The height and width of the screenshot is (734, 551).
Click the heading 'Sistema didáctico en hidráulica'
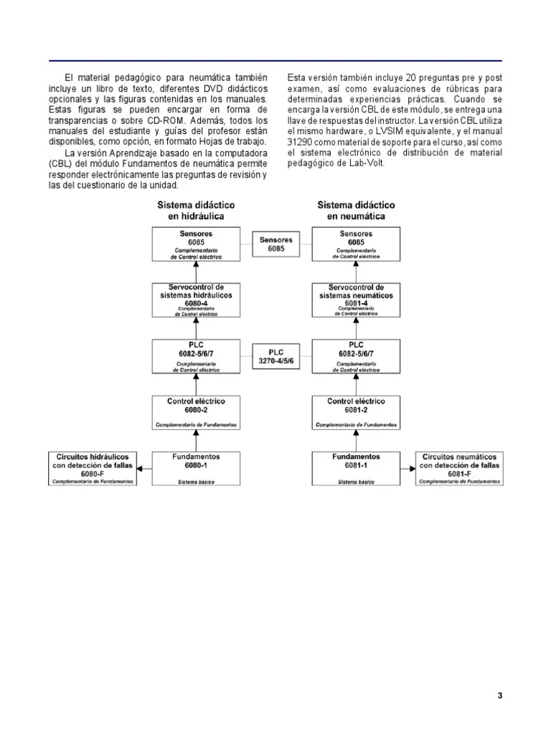[x=196, y=210]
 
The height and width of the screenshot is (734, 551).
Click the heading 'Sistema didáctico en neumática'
[x=356, y=210]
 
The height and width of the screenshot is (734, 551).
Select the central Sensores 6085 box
[x=276, y=244]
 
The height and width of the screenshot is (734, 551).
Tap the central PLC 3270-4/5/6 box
[x=276, y=357]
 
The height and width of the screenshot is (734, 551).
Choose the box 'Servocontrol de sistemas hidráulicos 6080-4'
[x=196, y=300]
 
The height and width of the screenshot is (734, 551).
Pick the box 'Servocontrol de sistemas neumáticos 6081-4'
[x=357, y=300]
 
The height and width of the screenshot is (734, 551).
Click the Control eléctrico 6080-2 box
[x=196, y=412]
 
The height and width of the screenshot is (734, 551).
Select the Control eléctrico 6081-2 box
[x=357, y=412]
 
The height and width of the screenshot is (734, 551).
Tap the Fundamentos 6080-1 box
[x=196, y=468]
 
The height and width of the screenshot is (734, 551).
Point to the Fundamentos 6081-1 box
[x=357, y=468]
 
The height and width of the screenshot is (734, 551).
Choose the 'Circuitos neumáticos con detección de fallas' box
[x=459, y=468]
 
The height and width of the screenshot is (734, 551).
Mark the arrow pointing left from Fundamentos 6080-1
[x=144, y=468]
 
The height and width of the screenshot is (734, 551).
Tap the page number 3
[x=499, y=696]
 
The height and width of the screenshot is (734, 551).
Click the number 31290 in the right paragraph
[x=300, y=143]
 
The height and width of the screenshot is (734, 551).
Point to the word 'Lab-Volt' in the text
[x=369, y=163]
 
